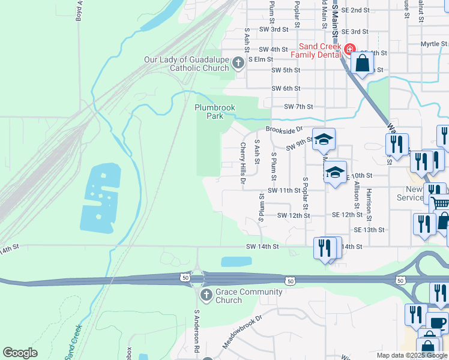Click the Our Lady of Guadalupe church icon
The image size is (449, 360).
tap(238, 62)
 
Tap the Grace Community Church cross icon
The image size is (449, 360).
tap(205, 295)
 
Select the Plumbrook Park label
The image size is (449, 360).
tap(214, 111)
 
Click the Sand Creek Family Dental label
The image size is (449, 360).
tap(316, 50)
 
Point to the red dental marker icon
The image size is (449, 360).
tap(349, 49)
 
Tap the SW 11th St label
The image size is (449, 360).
tap(284, 190)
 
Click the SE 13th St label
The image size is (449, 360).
tap(369, 230)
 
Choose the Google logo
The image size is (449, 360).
tap(20, 353)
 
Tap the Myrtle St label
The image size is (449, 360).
tap(433, 44)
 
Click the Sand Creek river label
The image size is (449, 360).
tap(74, 342)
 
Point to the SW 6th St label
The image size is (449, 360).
tap(285, 88)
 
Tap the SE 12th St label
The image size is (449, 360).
tap(346, 215)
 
